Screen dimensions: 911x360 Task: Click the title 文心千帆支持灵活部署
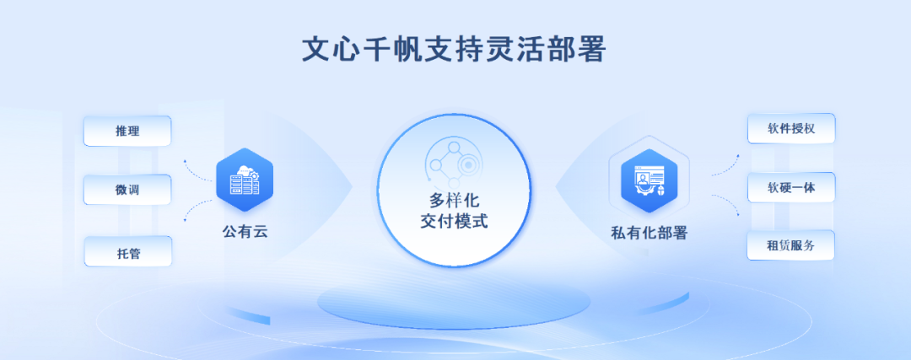455,50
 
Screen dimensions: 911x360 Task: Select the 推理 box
127,132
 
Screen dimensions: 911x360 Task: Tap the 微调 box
127,190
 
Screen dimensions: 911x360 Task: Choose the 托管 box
128,251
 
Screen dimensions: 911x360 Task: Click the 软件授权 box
790,128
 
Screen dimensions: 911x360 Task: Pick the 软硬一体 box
790,187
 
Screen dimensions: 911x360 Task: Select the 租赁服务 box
790,245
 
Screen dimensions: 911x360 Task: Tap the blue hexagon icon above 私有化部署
649,180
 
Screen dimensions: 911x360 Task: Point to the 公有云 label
245,232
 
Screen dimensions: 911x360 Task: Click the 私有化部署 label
649,233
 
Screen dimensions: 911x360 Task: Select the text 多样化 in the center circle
454,201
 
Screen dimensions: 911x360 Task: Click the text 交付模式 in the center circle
454,221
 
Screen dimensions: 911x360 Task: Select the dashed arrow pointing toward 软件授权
725,166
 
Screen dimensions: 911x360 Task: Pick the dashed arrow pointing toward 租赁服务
726,204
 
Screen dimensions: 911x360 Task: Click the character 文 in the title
316,50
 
